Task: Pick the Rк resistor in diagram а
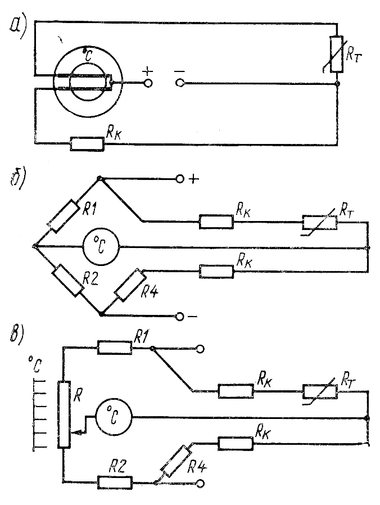[x=87, y=144]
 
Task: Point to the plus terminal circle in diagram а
[x=148, y=84]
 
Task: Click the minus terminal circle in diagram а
[x=179, y=84]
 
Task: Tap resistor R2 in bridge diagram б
[x=67, y=281]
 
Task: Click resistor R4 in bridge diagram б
[x=130, y=285]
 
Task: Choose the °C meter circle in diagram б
[x=98, y=246]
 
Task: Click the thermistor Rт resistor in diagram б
[x=320, y=222]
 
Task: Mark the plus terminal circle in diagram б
[x=180, y=179]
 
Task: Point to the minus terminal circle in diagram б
[x=180, y=316]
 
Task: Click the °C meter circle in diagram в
[x=112, y=417]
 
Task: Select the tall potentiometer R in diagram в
[x=65, y=414]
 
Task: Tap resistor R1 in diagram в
[x=115, y=348]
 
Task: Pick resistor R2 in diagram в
[x=115, y=483]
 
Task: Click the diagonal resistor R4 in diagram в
[x=176, y=460]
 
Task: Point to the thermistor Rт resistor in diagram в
[x=320, y=391]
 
